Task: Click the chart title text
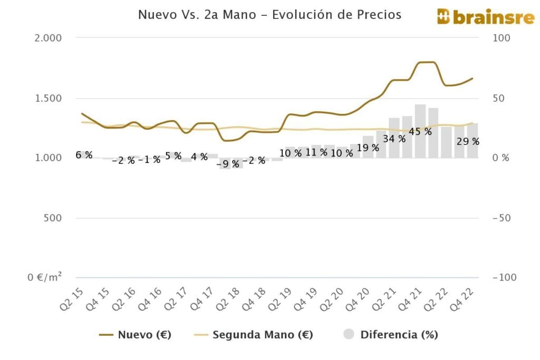(x=269, y=15)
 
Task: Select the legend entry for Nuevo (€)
(x=136, y=335)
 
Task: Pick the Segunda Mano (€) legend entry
(x=255, y=335)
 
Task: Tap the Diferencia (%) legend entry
(x=391, y=335)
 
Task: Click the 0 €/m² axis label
(x=45, y=278)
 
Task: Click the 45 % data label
(x=420, y=132)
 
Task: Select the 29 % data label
(x=468, y=141)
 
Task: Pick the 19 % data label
(x=368, y=148)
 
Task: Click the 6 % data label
(x=84, y=155)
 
